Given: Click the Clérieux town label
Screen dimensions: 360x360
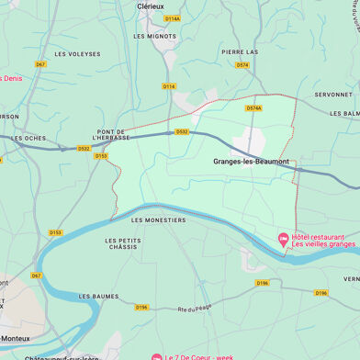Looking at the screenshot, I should tap(151, 6).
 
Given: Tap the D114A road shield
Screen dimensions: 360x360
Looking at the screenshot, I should tap(172, 18).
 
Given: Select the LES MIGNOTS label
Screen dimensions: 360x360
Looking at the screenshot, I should tap(154, 36).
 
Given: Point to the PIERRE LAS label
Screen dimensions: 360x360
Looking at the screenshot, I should tap(240, 52).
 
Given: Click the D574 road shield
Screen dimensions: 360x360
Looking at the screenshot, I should tap(242, 65).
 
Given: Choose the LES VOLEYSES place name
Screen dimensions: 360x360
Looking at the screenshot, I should tap(78, 54).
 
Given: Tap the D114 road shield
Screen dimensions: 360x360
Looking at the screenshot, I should tap(168, 86).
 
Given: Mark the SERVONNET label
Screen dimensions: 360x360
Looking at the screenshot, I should tap(332, 95).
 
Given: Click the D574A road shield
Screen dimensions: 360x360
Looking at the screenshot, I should tap(253, 108).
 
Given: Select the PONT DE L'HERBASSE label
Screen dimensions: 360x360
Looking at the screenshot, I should tap(111, 136).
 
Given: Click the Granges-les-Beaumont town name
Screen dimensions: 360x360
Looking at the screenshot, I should tap(251, 162).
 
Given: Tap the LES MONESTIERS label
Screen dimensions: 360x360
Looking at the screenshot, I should tap(159, 220).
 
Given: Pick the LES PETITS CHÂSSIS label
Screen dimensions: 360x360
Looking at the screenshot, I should tap(122, 244).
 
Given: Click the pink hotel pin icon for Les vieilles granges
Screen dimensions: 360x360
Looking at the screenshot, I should tap(284, 240).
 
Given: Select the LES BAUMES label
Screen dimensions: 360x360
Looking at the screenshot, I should tap(99, 297).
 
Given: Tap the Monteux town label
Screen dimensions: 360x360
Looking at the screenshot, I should tap(14, 338).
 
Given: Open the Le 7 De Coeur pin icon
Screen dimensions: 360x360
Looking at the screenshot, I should tap(156, 355).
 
